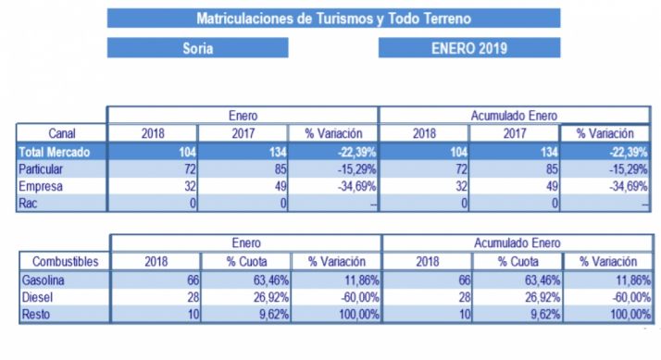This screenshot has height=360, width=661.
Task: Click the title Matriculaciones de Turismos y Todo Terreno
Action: [x=333, y=18]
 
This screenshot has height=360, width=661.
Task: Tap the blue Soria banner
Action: [x=198, y=48]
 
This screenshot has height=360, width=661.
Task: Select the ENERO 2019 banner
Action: [x=469, y=48]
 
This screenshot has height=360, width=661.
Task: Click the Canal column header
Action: [x=61, y=133]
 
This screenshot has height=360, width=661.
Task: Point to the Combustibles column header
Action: [x=61, y=261]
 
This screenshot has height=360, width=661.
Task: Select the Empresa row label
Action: [x=43, y=186]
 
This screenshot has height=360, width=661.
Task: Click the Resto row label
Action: [x=36, y=315]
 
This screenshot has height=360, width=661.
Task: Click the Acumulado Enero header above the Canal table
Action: [x=514, y=116]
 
